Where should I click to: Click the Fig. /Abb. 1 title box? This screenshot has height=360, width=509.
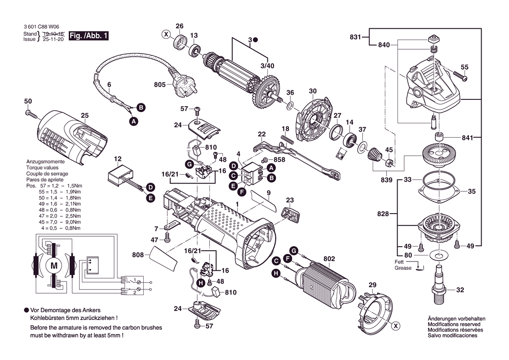coord(88,36)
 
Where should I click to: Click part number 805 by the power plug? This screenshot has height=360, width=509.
coord(160,85)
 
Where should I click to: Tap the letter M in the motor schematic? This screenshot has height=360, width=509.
coord(54,265)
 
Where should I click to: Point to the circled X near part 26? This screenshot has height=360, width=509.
coord(166,34)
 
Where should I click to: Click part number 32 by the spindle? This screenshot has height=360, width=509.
coord(460,289)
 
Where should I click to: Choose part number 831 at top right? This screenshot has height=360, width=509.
coord(355,37)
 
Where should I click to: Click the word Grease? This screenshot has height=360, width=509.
coord(403,268)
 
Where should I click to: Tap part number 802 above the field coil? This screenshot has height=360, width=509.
coord(329,259)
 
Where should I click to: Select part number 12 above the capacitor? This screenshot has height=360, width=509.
coord(118,159)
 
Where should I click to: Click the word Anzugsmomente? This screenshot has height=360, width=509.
coord(45,161)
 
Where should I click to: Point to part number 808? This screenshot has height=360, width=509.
coord(138,254)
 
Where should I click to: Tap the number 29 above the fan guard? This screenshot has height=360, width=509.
coord(372,285)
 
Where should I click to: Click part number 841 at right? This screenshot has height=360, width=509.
coord(467,138)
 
